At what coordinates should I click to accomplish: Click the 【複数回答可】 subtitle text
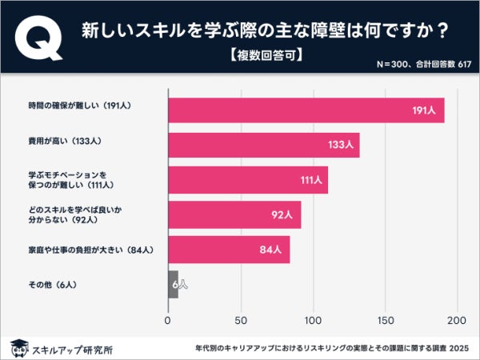point(263,55)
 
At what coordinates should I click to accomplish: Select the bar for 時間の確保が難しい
point(306,110)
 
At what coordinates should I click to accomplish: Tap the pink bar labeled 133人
point(263,145)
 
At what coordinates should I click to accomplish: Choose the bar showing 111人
point(247,180)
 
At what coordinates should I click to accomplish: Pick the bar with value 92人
point(234,214)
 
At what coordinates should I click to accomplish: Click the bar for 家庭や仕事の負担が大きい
point(228,250)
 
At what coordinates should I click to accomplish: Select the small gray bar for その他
point(172,285)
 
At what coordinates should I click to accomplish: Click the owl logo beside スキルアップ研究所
point(18,348)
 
